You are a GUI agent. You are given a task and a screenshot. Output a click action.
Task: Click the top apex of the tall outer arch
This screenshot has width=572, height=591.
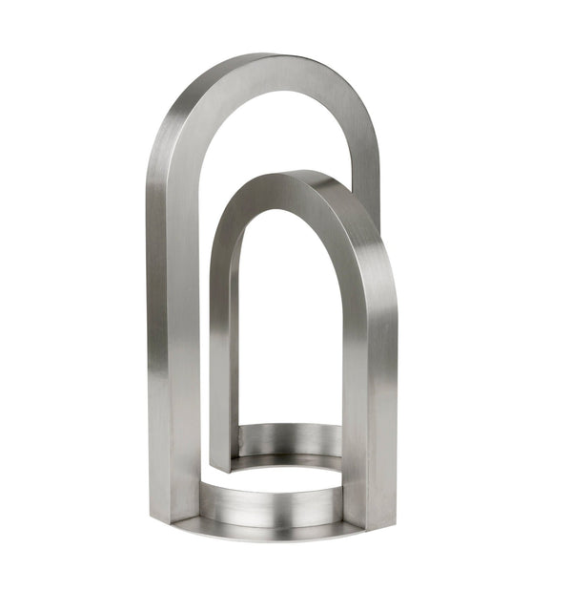(x=262, y=57)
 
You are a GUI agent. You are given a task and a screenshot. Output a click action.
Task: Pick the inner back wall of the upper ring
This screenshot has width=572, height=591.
(x=291, y=438)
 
